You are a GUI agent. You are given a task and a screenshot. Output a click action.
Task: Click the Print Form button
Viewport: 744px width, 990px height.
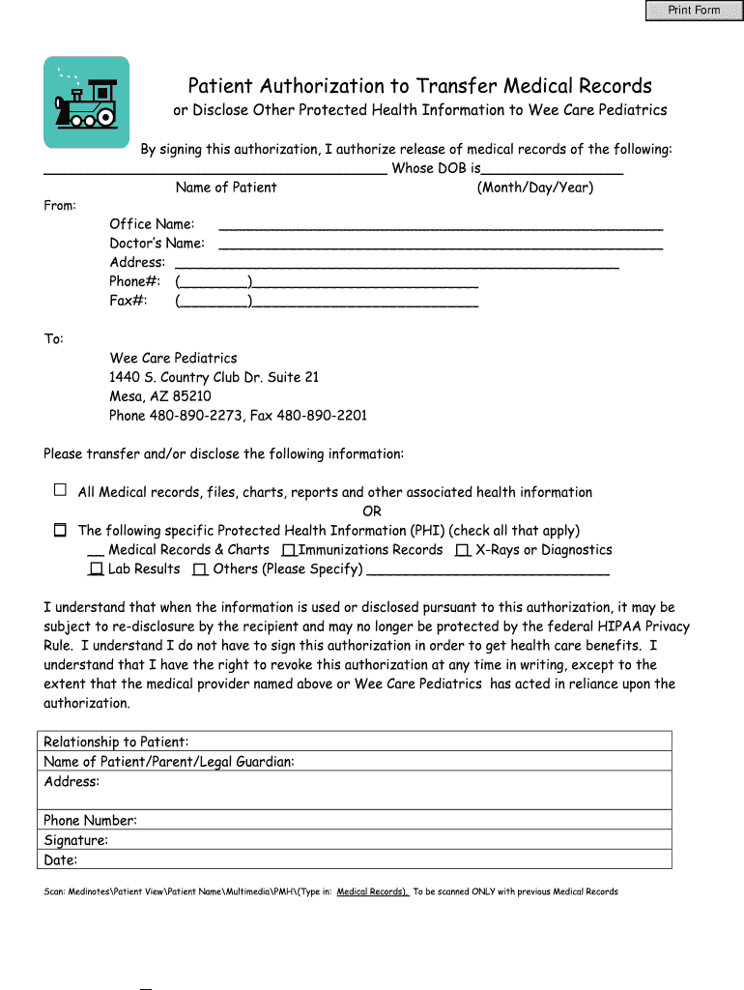pyautogui.click(x=694, y=11)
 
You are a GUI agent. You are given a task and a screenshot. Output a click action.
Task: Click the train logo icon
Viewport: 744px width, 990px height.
pyautogui.click(x=86, y=102)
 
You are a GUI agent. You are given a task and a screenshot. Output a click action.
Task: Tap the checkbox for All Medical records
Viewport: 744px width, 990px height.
pyautogui.click(x=60, y=490)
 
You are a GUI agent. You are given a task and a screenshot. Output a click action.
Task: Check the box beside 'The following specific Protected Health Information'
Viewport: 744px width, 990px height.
pyautogui.click(x=60, y=530)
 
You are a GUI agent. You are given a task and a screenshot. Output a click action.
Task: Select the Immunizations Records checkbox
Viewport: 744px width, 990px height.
pyautogui.click(x=288, y=550)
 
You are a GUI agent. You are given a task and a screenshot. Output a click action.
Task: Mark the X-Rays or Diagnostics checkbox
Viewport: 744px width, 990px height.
pyautogui.click(x=463, y=550)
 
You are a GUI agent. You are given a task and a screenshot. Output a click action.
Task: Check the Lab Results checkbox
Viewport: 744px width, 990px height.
pyautogui.click(x=96, y=569)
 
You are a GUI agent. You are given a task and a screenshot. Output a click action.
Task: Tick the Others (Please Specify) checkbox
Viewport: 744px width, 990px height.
pyautogui.click(x=200, y=569)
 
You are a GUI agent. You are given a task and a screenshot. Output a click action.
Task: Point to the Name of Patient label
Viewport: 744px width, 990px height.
pyautogui.click(x=226, y=188)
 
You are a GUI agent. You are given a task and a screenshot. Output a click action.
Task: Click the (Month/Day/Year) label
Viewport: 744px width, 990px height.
pyautogui.click(x=534, y=188)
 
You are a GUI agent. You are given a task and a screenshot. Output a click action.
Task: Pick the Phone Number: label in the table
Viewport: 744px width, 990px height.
pyautogui.click(x=90, y=821)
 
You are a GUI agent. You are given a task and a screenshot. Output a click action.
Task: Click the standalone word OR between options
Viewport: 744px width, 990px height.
pyautogui.click(x=372, y=511)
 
